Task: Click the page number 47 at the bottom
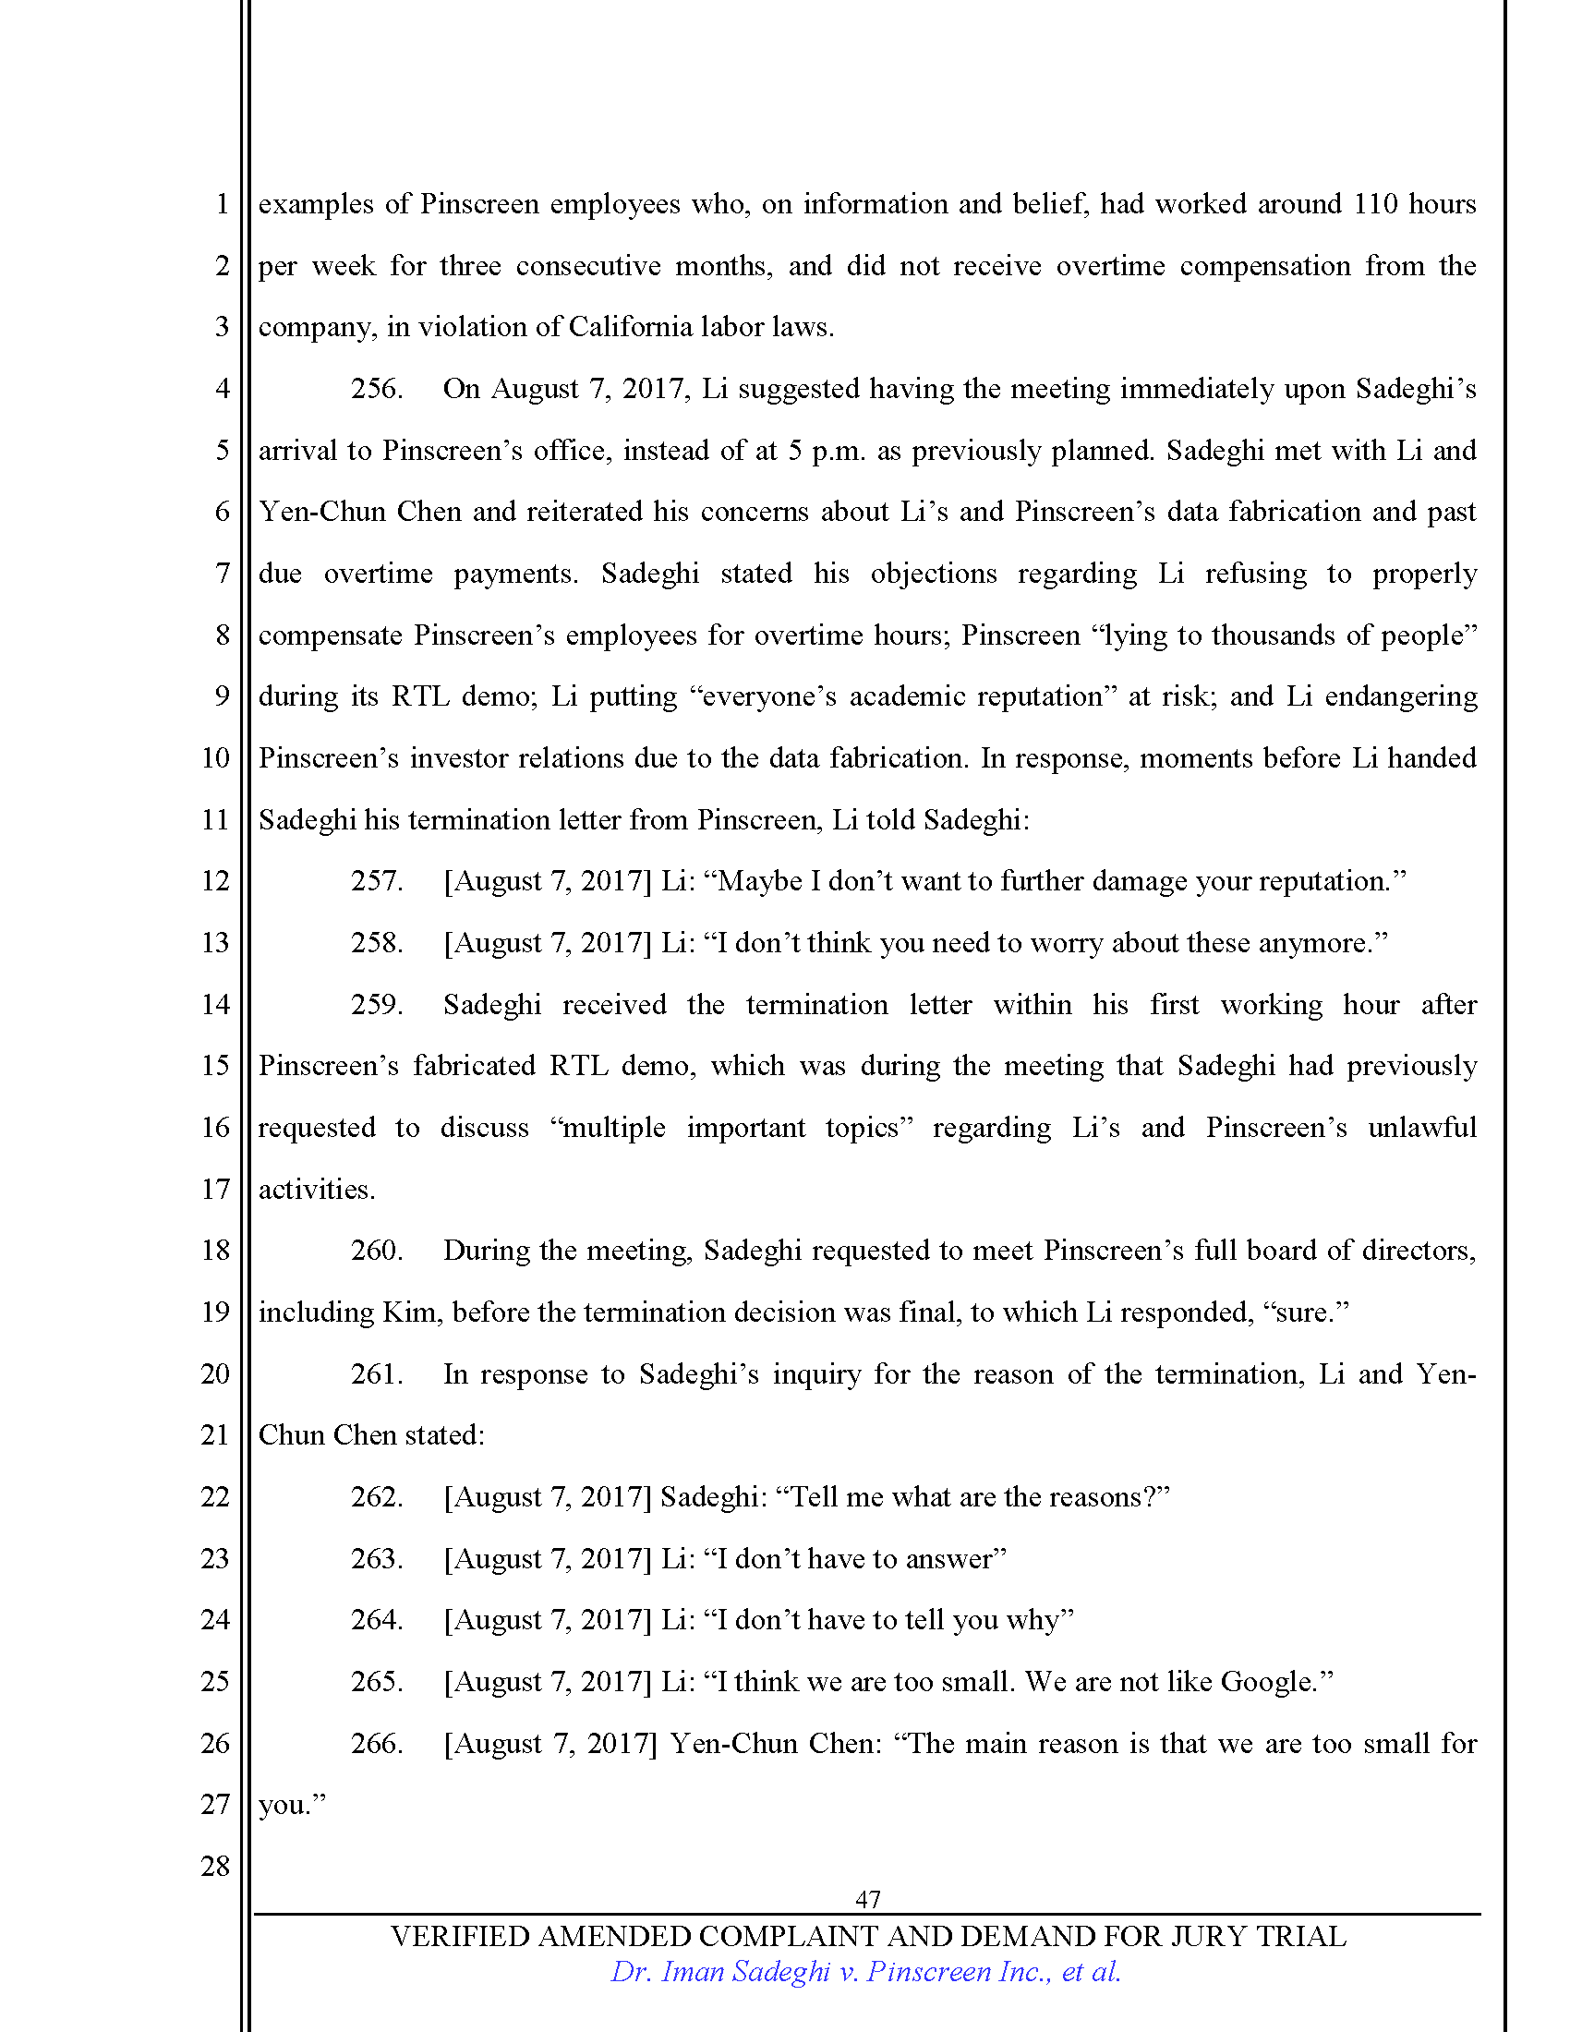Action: pos(867,1899)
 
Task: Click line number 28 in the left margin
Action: pos(215,1866)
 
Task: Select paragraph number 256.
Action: pos(376,389)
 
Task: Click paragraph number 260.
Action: pos(376,1251)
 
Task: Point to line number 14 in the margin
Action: pos(215,1004)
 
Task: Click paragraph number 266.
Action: pos(376,1743)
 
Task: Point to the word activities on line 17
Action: pos(315,1189)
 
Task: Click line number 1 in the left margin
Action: pos(222,204)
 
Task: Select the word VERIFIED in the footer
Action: pos(460,1936)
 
